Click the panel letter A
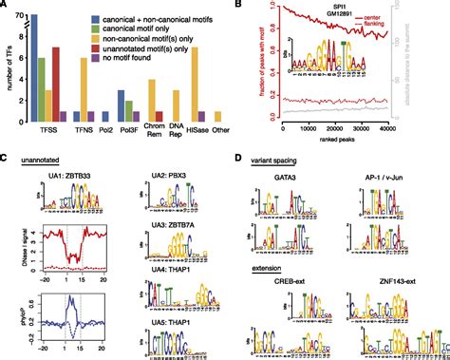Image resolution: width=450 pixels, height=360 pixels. pos(6,6)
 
